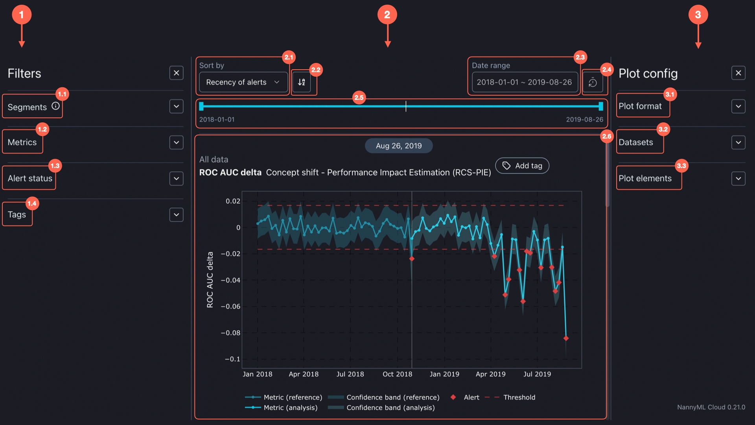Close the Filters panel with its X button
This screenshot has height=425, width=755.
[x=176, y=73]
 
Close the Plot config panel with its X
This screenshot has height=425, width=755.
[x=738, y=73]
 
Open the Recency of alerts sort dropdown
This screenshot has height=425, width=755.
[x=243, y=82]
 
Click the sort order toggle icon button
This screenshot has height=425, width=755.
[x=302, y=82]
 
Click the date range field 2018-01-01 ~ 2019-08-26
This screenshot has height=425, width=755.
[x=524, y=82]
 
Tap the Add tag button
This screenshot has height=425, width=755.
[x=522, y=166]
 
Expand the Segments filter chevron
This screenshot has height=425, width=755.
[x=176, y=106]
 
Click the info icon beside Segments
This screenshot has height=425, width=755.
[x=56, y=106]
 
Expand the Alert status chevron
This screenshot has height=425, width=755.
[x=176, y=178]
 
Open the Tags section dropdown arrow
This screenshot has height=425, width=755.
[x=176, y=214]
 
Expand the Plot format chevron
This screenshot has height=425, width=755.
[x=738, y=106]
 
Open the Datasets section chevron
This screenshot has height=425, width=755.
[x=738, y=142]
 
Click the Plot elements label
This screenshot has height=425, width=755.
[x=645, y=178]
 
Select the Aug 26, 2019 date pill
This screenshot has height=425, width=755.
[x=398, y=146]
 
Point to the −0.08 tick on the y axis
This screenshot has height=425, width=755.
[x=231, y=333]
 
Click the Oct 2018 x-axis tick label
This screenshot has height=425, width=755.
[x=397, y=374]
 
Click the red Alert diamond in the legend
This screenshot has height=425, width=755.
[x=453, y=397]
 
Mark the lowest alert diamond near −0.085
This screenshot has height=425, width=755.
[x=566, y=338]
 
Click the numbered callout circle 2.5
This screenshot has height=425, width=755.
[x=359, y=98]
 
